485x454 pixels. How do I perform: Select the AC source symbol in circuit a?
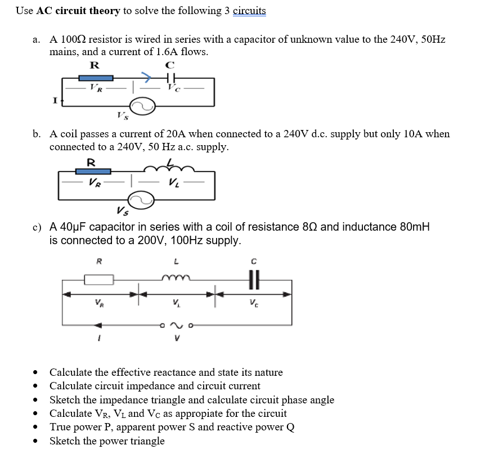pyautogui.click(x=142, y=106)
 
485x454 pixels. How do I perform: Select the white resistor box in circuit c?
pyautogui.click(x=99, y=279)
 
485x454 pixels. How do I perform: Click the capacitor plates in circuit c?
pyautogui.click(x=253, y=278)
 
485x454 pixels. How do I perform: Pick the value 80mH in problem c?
pyautogui.click(x=414, y=227)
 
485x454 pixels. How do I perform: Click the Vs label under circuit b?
pyautogui.click(x=122, y=212)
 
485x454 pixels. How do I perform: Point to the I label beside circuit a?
pyautogui.click(x=55, y=101)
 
